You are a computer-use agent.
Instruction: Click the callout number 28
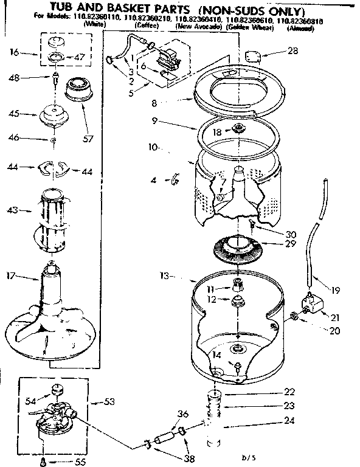pos(292,51)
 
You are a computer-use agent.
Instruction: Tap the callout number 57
pos(89,139)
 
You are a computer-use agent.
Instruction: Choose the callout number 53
pos(110,401)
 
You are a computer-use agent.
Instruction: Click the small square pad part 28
pos(252,56)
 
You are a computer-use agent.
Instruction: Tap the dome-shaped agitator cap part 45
pos(57,114)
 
